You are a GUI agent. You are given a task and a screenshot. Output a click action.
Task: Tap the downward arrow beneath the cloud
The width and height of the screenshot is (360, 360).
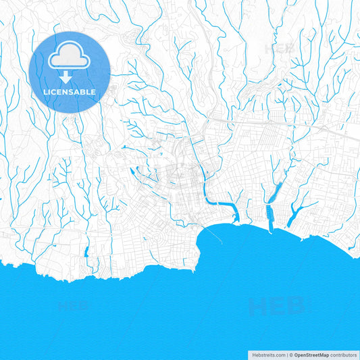click(70, 76)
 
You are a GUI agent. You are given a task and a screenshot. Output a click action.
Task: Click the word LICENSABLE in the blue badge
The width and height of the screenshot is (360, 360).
click(70, 92)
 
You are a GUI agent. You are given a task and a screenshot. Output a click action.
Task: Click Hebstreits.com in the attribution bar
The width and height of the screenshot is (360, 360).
click(267, 355)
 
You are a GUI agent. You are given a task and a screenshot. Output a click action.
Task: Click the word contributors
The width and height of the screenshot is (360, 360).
click(344, 355)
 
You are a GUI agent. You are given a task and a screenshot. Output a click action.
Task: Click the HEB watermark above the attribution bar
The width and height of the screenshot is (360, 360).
click(277, 307)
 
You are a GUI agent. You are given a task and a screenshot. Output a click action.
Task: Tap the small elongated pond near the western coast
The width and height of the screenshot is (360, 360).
click(86, 253)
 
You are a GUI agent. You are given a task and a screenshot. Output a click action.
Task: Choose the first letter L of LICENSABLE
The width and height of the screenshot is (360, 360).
click(46, 92)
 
